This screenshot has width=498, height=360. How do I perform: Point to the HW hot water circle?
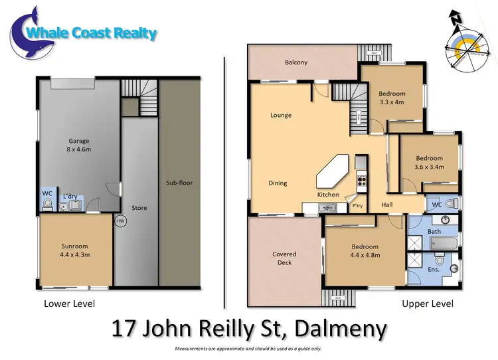[x=120, y=221]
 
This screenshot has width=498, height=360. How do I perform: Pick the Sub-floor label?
[x=179, y=183]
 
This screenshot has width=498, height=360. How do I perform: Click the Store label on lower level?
[x=139, y=208]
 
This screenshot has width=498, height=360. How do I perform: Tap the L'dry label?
[x=70, y=197]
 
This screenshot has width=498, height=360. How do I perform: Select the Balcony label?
[x=296, y=62]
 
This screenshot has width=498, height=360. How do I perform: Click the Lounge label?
[x=281, y=116]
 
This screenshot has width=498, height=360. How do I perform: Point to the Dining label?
[x=278, y=183]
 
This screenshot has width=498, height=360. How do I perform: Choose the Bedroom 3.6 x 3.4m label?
[x=429, y=163]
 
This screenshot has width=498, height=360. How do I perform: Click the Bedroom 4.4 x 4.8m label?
[x=365, y=251]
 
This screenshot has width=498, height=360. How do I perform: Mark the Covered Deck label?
[x=284, y=258]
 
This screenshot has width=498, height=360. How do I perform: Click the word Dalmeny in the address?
[x=340, y=329]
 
